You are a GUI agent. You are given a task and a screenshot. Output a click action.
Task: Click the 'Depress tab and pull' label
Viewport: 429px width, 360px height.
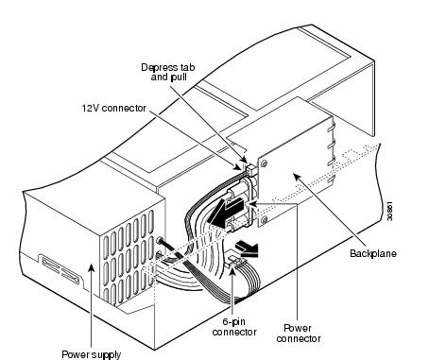[x=168, y=72]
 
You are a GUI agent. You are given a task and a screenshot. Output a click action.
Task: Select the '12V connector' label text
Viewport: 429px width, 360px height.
[x=114, y=108]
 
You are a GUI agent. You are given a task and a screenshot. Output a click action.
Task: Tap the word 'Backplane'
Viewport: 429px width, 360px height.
[x=373, y=253]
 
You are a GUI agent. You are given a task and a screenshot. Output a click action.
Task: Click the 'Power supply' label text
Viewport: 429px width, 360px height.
[x=92, y=354]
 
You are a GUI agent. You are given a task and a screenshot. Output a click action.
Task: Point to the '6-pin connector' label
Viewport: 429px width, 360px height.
[x=234, y=327]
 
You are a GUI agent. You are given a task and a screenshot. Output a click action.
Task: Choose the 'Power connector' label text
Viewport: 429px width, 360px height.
[x=299, y=334]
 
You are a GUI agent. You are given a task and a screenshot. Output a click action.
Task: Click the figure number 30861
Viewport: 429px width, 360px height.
[x=389, y=211]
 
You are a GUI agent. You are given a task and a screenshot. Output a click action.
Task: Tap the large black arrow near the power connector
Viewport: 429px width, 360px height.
[x=226, y=212]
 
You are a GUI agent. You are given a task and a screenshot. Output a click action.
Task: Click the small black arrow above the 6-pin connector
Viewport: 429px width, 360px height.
[x=247, y=249]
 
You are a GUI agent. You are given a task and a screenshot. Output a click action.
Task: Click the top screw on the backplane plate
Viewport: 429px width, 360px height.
[x=264, y=163]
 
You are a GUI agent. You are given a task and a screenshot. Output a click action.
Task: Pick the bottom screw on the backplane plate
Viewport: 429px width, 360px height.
[x=264, y=219]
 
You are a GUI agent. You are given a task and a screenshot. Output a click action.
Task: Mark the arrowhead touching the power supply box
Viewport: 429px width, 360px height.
[x=92, y=268]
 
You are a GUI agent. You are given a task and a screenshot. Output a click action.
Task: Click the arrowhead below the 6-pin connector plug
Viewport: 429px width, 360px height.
[x=232, y=271]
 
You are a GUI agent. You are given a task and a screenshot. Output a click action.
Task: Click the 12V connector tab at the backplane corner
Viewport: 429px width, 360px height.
[x=250, y=167]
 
